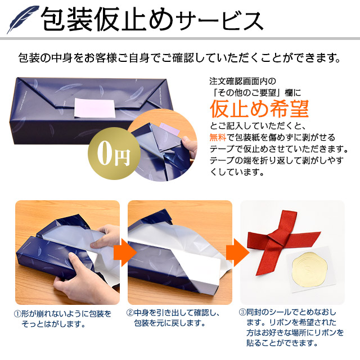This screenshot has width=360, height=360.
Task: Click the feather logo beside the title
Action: point(22,20)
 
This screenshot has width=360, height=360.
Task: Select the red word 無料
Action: point(218,136)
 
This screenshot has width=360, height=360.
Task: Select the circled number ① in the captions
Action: point(19,314)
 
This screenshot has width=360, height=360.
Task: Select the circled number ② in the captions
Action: point(130,314)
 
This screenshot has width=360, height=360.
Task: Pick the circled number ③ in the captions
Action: point(242,314)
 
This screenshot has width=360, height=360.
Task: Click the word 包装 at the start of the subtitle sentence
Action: point(29,57)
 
